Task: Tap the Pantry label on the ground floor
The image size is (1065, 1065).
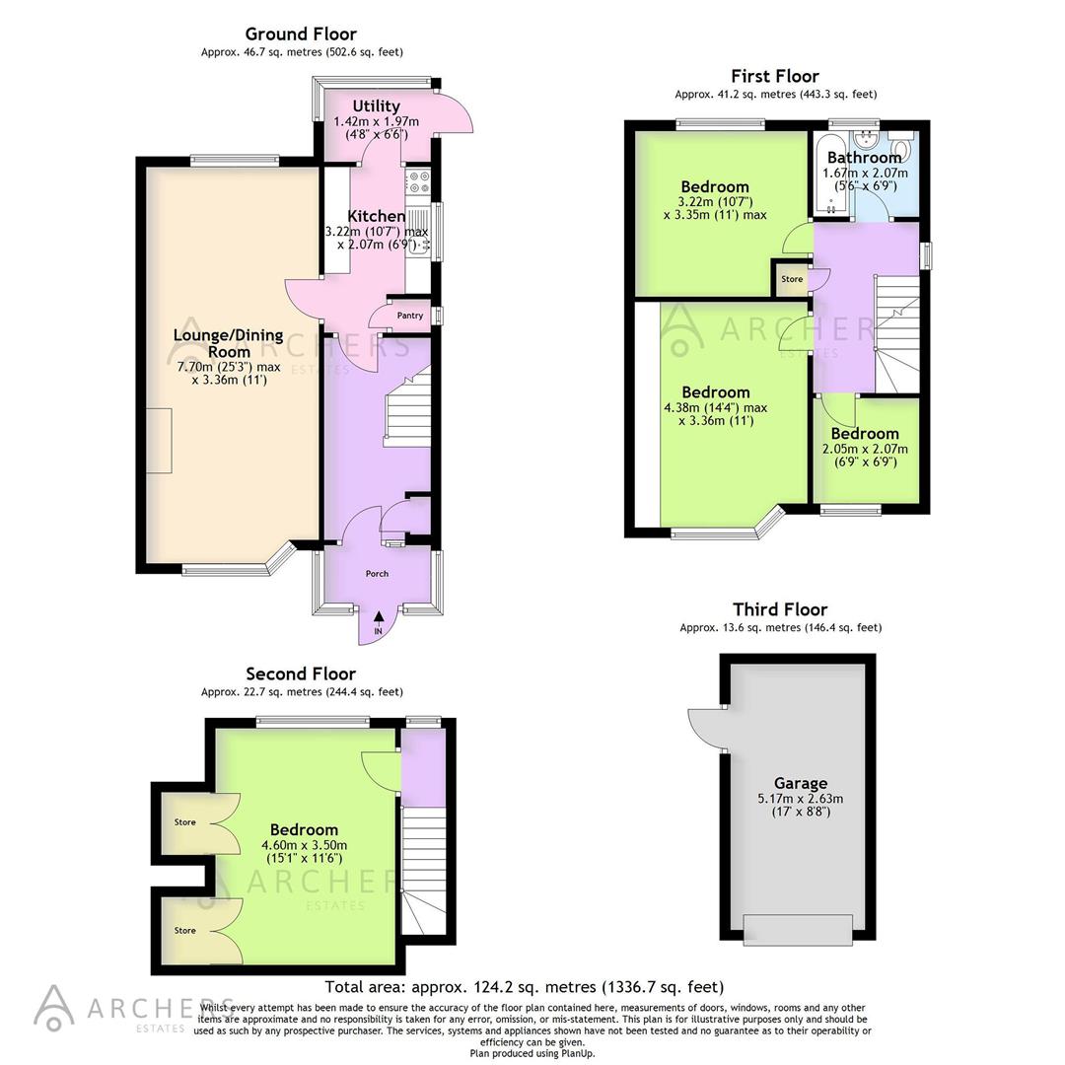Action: [x=410, y=316]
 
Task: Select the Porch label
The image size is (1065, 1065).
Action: [x=377, y=574]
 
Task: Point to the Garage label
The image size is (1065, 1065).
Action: [x=800, y=783]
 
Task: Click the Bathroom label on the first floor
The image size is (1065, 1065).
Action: [x=864, y=158]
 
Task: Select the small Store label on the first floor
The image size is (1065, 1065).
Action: [x=792, y=279]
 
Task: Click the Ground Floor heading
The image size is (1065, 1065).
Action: [x=301, y=35]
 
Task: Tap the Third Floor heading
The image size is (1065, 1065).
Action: [x=780, y=609]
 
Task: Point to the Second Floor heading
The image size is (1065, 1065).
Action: [x=301, y=674]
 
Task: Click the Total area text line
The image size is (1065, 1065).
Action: [x=525, y=987]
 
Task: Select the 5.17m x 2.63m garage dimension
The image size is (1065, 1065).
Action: [x=800, y=799]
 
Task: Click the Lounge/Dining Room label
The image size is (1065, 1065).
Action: [x=228, y=343]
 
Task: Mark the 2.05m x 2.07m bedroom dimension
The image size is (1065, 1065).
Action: [x=865, y=449]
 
